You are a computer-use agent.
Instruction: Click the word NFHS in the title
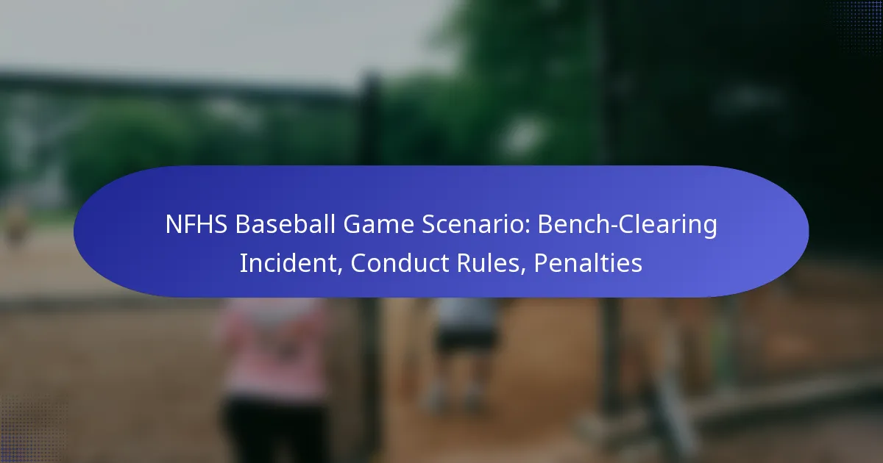point(196,224)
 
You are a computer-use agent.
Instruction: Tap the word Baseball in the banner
point(286,224)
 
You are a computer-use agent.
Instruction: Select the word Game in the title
point(378,224)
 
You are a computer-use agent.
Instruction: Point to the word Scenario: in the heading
point(476,224)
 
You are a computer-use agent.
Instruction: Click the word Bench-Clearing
point(627,225)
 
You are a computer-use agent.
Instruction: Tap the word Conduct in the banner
point(400,262)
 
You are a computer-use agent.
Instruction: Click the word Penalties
point(588,262)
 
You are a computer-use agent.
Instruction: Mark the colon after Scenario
point(527,227)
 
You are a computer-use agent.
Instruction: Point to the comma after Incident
point(339,271)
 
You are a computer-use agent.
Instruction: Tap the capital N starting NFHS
point(173,224)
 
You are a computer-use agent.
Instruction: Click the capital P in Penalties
point(541,262)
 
